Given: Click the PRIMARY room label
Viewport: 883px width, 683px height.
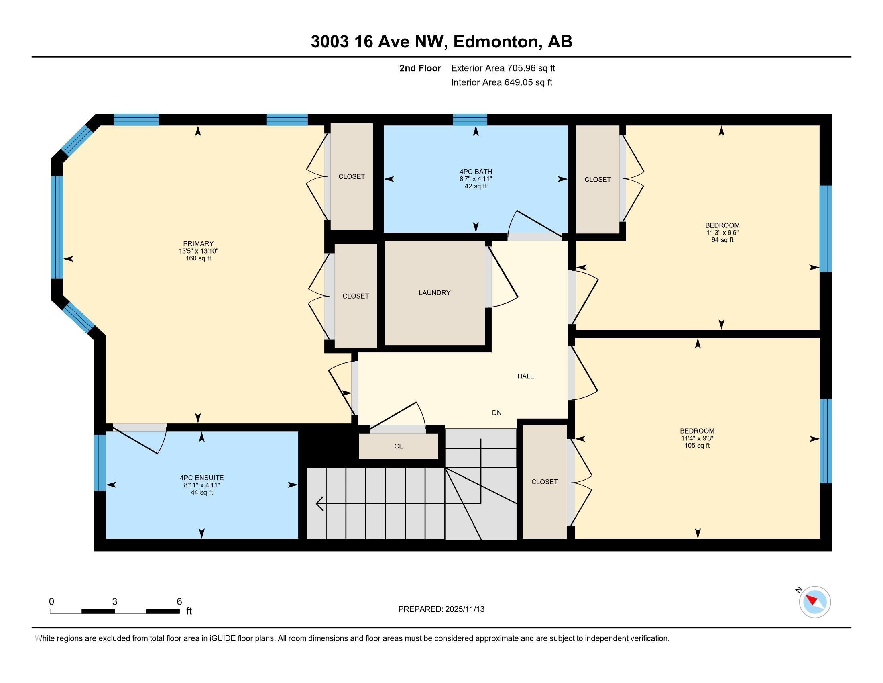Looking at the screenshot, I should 198,243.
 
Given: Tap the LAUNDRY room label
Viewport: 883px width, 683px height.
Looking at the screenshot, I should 434,292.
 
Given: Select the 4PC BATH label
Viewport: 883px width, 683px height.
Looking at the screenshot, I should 476,172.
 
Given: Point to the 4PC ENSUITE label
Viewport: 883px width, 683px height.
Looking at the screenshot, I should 202,477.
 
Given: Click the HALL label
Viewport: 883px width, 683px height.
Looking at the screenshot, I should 525,376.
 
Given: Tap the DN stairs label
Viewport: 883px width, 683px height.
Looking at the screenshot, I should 496,413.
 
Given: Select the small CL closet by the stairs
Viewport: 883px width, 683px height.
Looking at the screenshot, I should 398,446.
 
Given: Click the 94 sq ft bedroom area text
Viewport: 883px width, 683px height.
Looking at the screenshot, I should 722,240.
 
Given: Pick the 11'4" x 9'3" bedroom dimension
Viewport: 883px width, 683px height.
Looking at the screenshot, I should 697,438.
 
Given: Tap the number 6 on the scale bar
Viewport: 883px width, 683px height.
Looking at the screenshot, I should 179,601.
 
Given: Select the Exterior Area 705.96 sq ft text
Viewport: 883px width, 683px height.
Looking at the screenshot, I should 503,68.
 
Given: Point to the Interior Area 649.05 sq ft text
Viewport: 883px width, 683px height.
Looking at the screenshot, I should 501,82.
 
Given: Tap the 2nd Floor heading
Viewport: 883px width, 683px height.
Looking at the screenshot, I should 420,68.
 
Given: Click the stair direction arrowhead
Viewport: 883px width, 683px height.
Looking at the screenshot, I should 319,504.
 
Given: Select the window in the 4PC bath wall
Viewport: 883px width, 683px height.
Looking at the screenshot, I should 470,120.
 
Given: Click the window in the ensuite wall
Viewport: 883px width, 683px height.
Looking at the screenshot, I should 100,462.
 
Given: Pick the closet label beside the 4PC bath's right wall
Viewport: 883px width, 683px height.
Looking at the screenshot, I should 597,179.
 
